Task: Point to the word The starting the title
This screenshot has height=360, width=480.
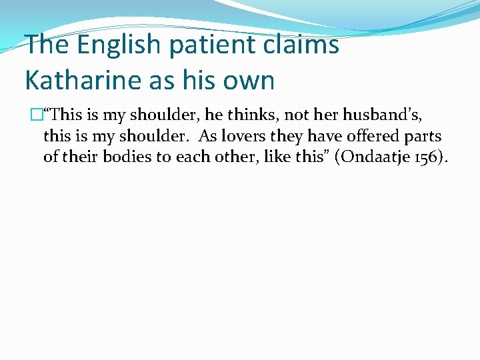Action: coord(47,45)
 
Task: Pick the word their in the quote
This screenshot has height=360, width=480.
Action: coord(77,158)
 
